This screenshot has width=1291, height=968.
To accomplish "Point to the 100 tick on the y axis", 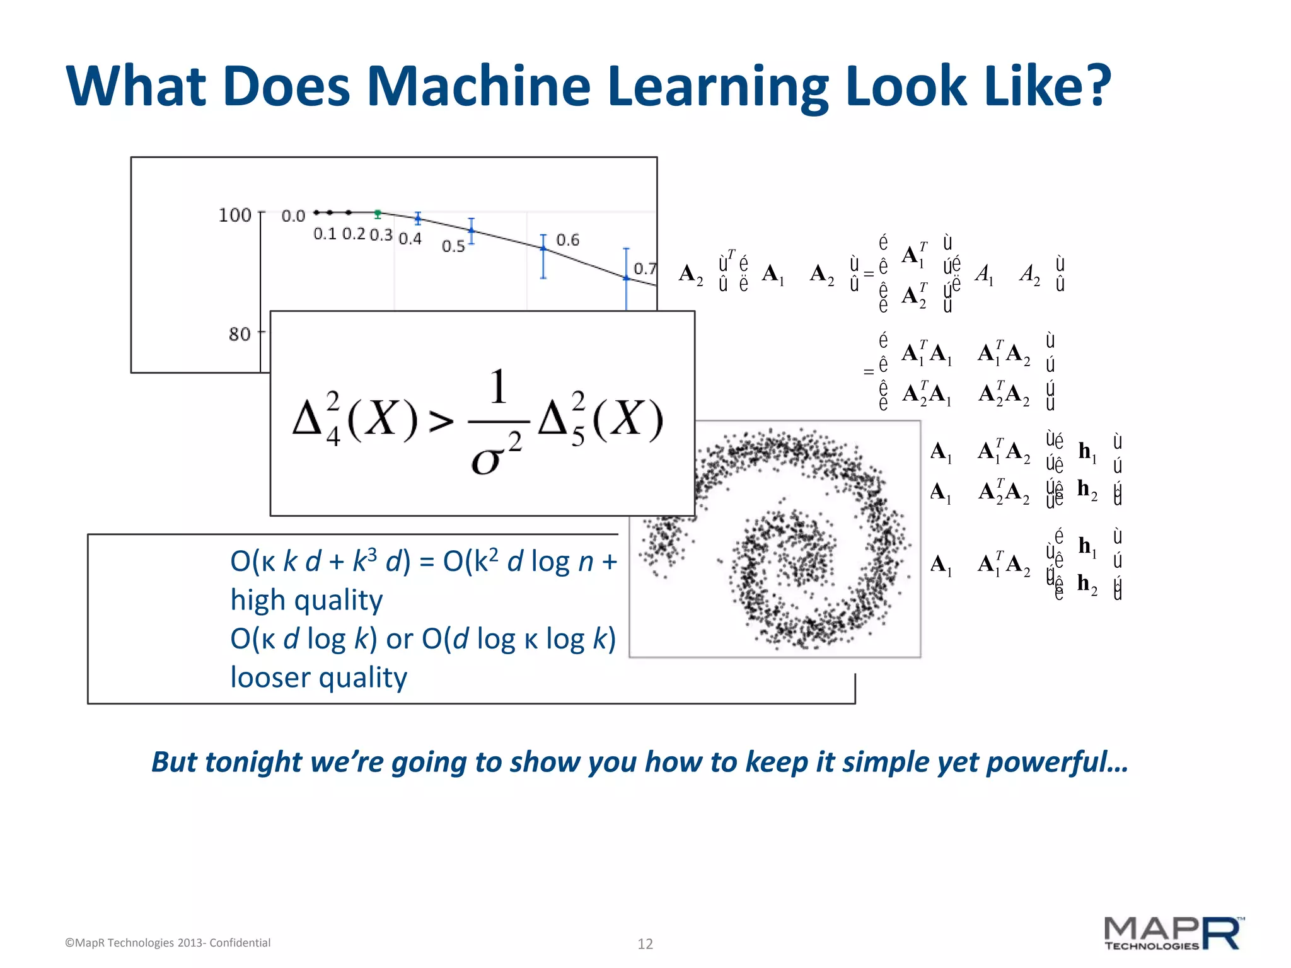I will click(x=234, y=216).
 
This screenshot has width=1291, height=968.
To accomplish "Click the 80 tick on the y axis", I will click(x=240, y=334).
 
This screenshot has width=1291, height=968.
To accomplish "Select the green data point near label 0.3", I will click(x=378, y=214).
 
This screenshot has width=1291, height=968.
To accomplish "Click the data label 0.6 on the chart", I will click(x=567, y=240).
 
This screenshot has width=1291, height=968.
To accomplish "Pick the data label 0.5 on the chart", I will click(x=453, y=246).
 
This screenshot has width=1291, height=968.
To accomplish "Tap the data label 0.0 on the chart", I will click(x=293, y=216).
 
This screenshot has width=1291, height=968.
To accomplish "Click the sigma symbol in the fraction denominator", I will click(x=485, y=461).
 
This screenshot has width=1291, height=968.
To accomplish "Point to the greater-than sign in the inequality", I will click(x=441, y=421).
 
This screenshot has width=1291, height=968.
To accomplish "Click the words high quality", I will click(x=306, y=600).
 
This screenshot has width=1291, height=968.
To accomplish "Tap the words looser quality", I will click(x=318, y=677).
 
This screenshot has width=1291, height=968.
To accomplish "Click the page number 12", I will click(x=645, y=943).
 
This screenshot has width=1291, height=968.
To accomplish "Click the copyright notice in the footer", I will click(x=168, y=943).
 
